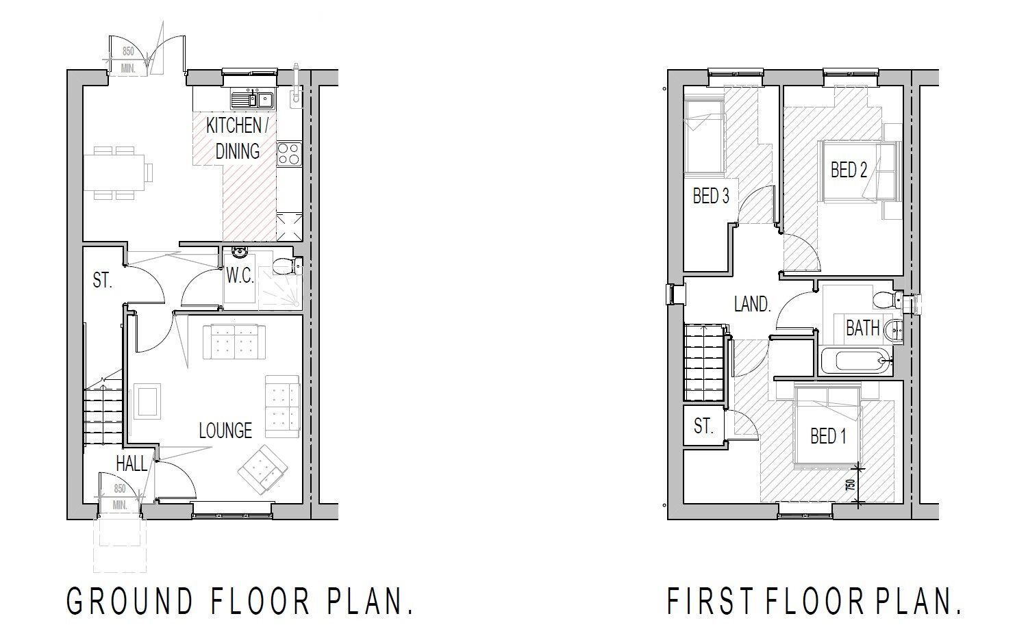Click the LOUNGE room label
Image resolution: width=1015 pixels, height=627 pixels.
point(225,430)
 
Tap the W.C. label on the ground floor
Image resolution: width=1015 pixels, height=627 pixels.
point(240,276)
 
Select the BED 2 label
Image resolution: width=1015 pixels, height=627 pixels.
point(849,169)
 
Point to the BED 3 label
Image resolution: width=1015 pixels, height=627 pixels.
point(711,196)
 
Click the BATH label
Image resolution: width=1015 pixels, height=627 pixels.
point(862,328)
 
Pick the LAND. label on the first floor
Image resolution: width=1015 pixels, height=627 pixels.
point(752,304)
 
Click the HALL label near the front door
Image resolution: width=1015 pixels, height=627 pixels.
point(131,463)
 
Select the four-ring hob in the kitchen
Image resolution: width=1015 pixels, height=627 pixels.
point(289,153)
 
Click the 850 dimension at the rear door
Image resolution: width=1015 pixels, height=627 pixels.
point(127,51)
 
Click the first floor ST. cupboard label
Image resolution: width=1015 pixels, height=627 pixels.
point(703,426)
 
